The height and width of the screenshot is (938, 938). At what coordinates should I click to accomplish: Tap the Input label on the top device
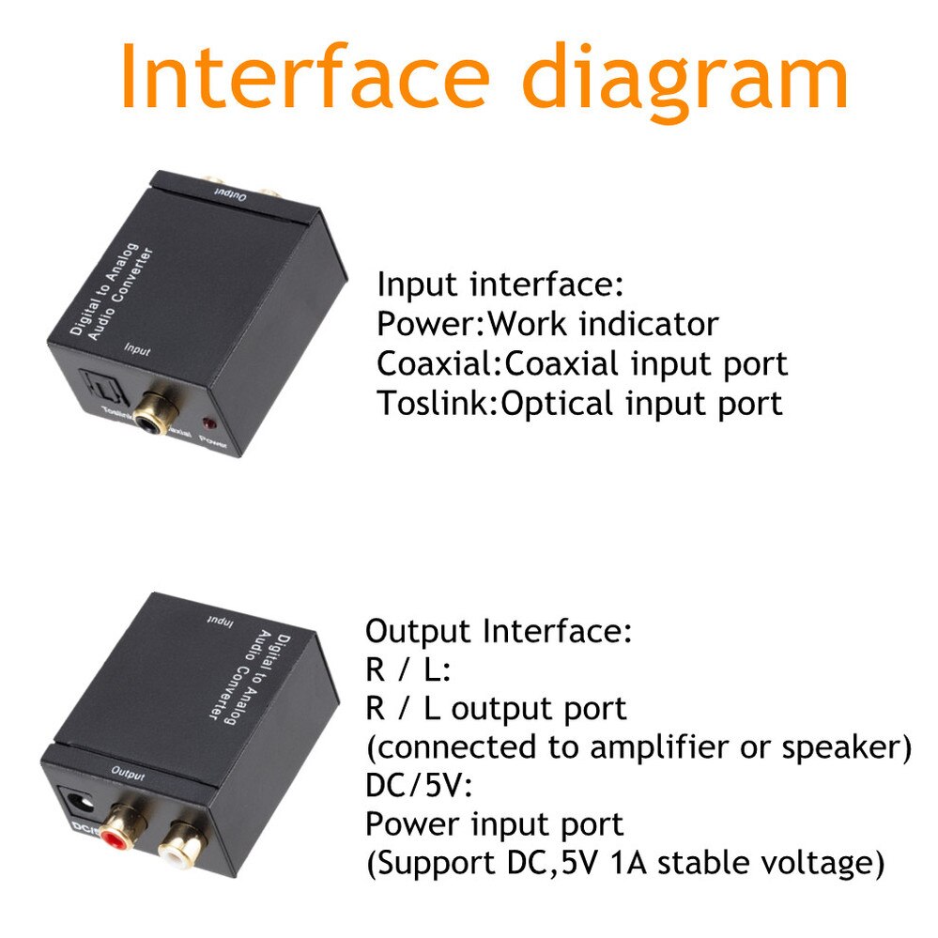click(x=138, y=348)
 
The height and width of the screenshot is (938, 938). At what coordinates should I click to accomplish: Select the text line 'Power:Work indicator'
click(x=547, y=325)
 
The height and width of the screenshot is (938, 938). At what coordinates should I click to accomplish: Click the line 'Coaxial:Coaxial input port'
click(x=582, y=364)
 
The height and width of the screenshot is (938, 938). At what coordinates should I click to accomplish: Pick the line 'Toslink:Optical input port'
click(x=579, y=404)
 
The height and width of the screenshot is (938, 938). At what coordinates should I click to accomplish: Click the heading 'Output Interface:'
click(x=499, y=632)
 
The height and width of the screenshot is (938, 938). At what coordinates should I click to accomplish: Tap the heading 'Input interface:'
click(x=500, y=284)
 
